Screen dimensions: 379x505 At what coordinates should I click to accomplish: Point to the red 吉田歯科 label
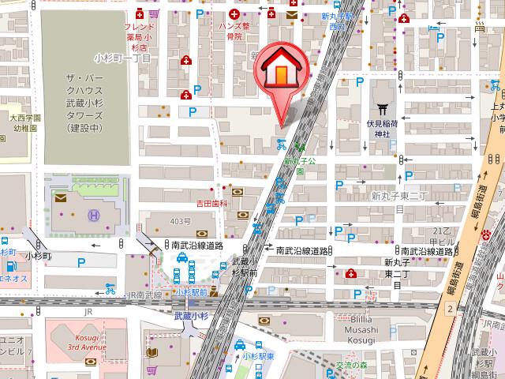(x=211, y=202)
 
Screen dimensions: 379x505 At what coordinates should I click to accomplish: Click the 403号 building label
(x=180, y=220)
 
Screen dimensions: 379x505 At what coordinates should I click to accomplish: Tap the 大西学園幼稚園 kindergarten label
(x=19, y=122)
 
